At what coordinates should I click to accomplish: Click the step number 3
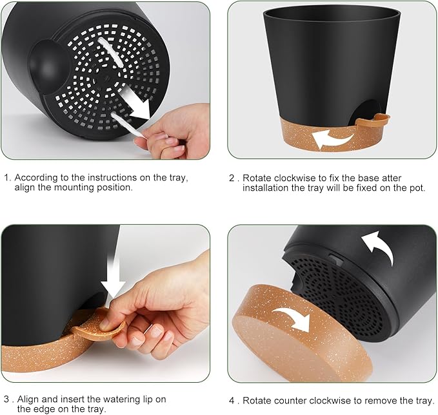(x=6, y=400)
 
